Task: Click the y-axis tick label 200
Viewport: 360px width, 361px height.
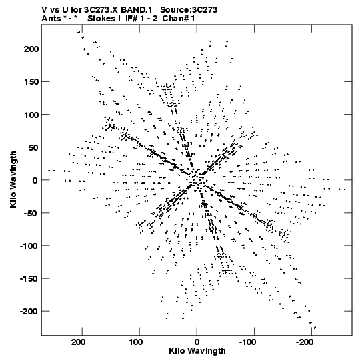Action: [31, 49]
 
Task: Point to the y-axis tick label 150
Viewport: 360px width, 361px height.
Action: [31, 81]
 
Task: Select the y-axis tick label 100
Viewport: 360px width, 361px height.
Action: [31, 114]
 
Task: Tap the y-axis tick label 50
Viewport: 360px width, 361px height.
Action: [33, 147]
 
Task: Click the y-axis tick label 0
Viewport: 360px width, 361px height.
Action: [35, 180]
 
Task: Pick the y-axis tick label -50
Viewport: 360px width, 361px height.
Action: [31, 213]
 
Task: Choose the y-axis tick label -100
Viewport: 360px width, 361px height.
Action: [29, 246]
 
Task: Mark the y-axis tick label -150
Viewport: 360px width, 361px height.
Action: [29, 278]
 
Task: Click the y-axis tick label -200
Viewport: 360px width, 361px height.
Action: [29, 311]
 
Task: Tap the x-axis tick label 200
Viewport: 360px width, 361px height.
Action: [79, 342]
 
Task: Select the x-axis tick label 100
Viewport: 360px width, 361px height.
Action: [136, 342]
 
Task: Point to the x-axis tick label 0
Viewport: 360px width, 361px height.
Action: [197, 342]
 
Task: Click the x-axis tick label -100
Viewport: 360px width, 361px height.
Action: [247, 342]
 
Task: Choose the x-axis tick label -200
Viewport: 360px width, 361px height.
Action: [305, 342]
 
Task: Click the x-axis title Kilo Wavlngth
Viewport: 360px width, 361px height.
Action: [197, 351]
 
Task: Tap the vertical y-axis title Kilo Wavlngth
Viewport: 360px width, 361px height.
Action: [13, 179]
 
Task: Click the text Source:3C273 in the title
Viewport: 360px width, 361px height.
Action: [189, 10]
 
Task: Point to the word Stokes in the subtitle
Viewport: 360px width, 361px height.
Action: [102, 19]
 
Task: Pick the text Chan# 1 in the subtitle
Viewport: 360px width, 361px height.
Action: [179, 19]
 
